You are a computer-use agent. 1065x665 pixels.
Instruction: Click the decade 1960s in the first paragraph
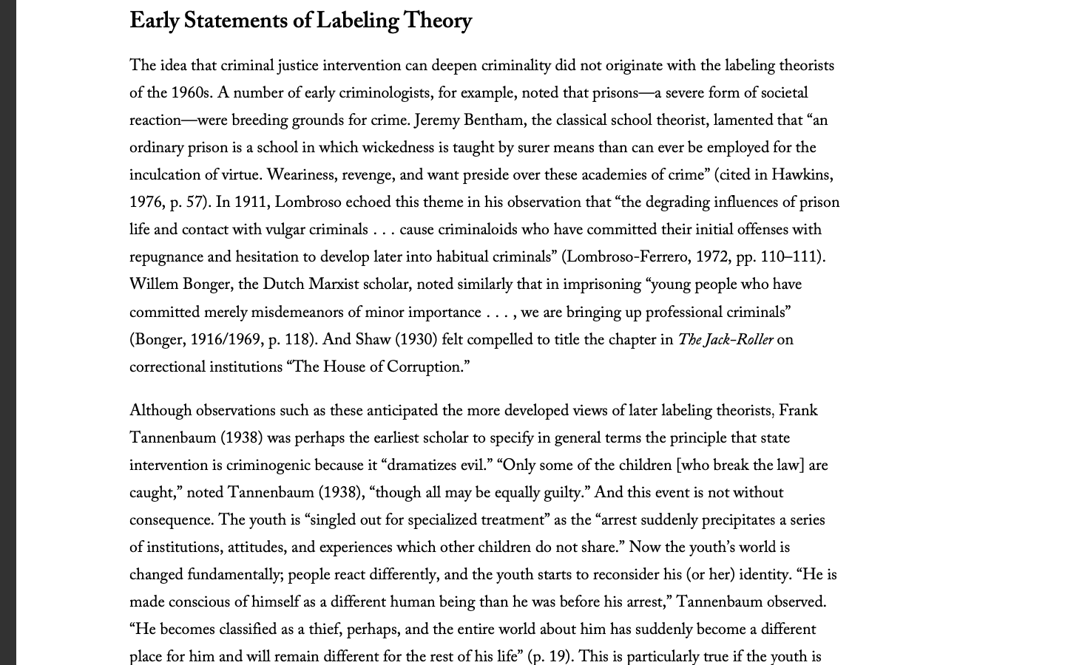tap(191, 93)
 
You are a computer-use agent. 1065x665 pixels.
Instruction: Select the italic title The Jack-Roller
tap(725, 340)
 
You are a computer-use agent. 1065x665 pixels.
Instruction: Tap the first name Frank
tap(798, 411)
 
